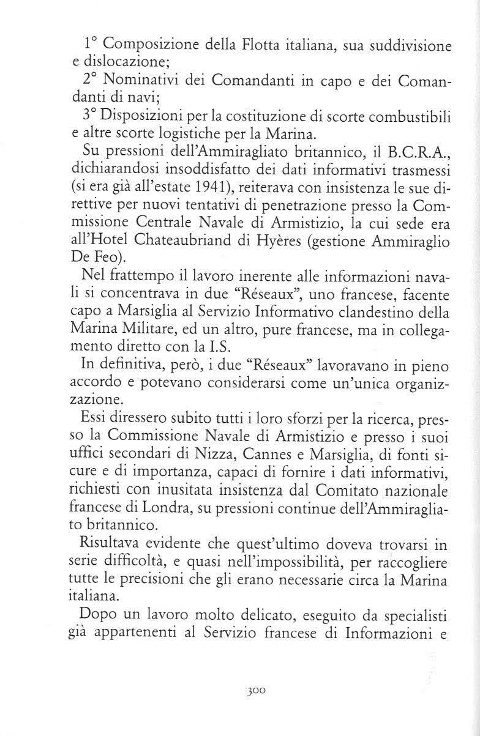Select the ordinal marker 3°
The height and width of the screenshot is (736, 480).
91,116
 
